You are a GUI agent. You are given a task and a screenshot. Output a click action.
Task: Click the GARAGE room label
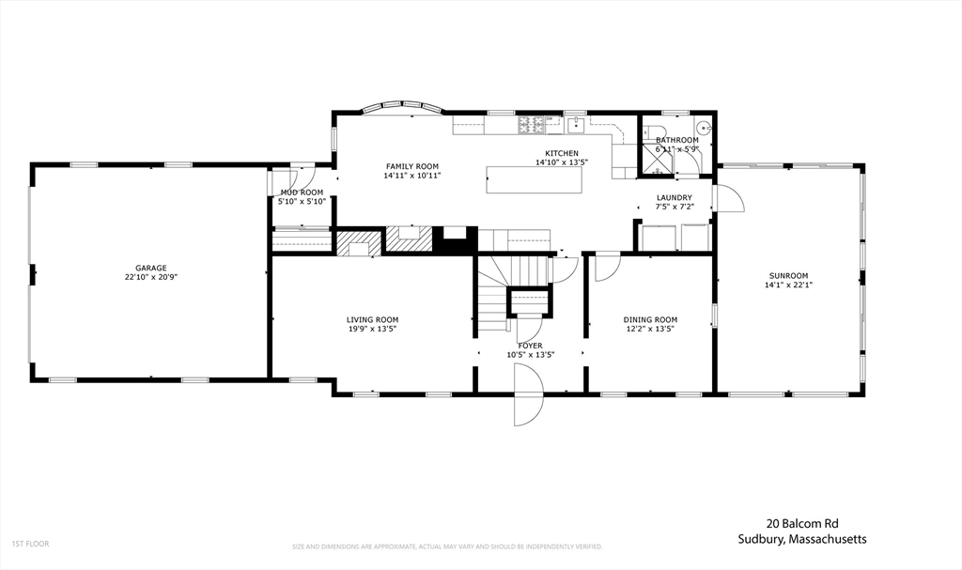(x=150, y=268)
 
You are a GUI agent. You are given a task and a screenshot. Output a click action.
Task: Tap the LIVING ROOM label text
(x=372, y=319)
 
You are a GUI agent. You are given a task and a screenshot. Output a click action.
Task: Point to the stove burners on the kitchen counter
(x=528, y=123)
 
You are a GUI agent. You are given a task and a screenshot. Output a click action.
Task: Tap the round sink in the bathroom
(x=703, y=129)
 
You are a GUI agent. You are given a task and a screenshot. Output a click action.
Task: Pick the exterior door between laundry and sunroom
(x=728, y=198)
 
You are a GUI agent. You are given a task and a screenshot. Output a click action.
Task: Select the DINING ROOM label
(x=650, y=319)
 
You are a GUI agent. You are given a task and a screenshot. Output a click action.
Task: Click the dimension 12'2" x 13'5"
(x=650, y=330)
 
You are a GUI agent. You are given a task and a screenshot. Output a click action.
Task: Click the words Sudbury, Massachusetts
(x=801, y=539)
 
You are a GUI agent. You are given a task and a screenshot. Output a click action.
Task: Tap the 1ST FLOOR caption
(x=30, y=543)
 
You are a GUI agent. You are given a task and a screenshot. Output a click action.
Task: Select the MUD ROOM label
(x=302, y=193)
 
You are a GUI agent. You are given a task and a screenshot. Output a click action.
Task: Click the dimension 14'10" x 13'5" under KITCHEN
(x=562, y=162)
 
